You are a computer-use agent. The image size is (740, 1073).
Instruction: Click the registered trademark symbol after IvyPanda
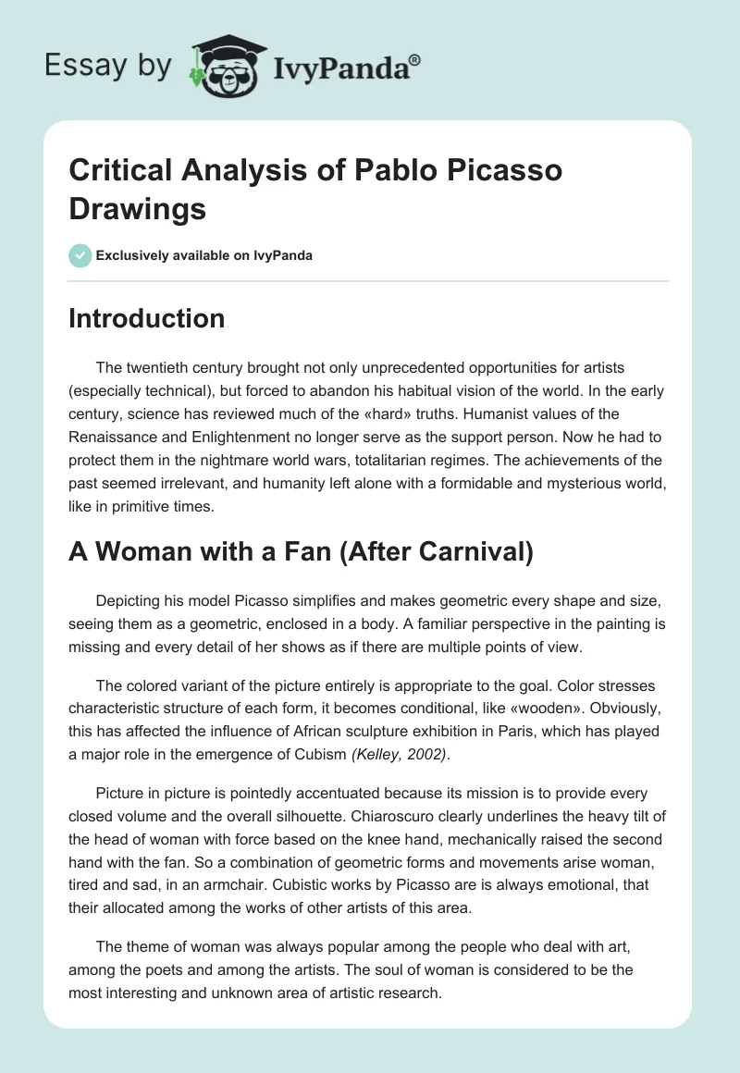tap(415, 59)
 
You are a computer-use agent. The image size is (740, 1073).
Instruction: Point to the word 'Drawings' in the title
tap(138, 208)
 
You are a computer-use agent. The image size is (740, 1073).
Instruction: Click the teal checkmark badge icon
tap(80, 255)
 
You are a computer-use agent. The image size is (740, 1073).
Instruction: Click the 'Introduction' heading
tap(146, 318)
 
